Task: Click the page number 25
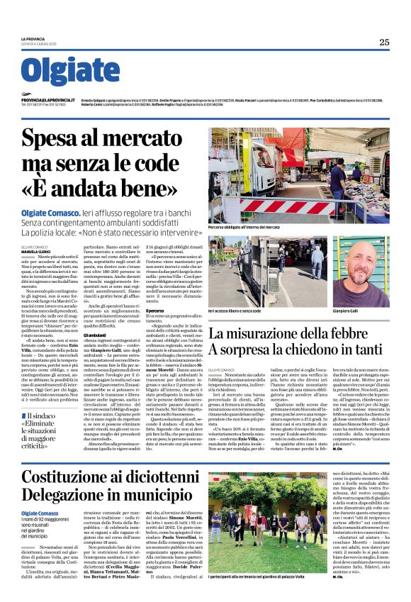pyautogui.click(x=384, y=42)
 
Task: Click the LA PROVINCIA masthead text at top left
pyautogui.click(x=33, y=38)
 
